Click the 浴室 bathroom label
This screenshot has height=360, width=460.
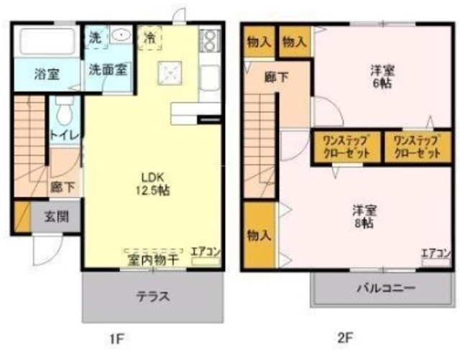[x=47, y=74]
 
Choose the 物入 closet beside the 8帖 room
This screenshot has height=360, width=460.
[x=257, y=236]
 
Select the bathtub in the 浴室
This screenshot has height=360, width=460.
[x=47, y=41]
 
